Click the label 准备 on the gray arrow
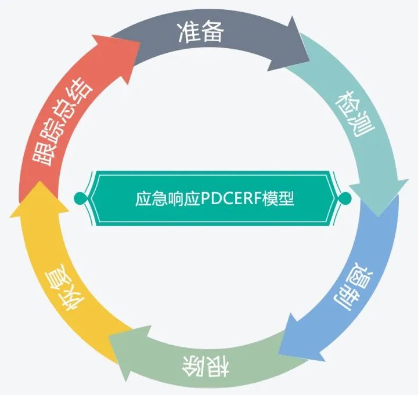[200, 32]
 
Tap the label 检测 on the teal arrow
[355, 114]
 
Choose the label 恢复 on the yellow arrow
[64, 287]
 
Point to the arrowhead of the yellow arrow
[39, 199]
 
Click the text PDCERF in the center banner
[231, 199]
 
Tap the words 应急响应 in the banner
[167, 199]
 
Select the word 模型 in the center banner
[278, 199]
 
